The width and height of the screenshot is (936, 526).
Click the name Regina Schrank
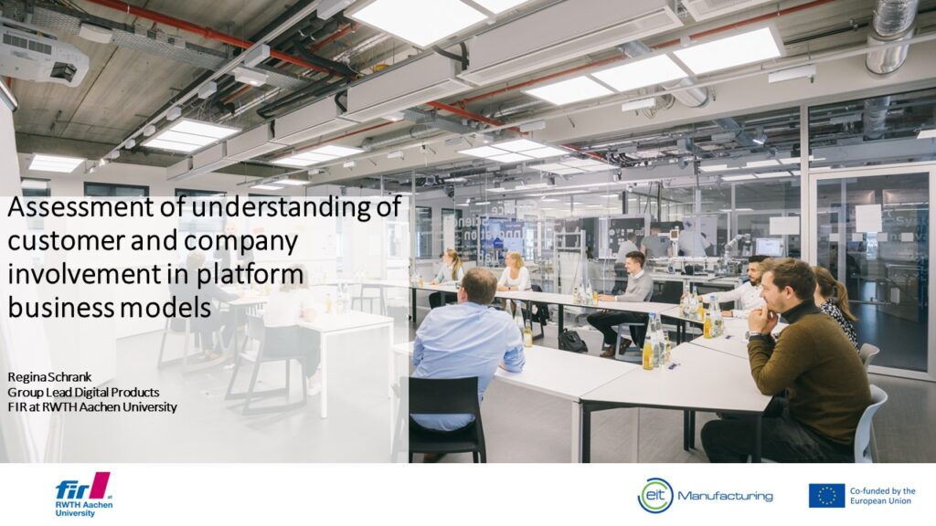49,377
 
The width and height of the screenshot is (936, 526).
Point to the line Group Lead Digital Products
83,392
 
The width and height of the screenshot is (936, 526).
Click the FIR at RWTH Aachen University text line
92,406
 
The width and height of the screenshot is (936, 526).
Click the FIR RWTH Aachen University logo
83,494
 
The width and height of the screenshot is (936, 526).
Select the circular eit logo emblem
655,495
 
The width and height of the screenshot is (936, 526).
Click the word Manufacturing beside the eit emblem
725,496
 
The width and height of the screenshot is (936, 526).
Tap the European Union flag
826,496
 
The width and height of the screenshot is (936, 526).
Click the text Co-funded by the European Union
882,496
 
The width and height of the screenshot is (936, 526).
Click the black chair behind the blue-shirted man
444,417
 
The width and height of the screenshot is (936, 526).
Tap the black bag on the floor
572,341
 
